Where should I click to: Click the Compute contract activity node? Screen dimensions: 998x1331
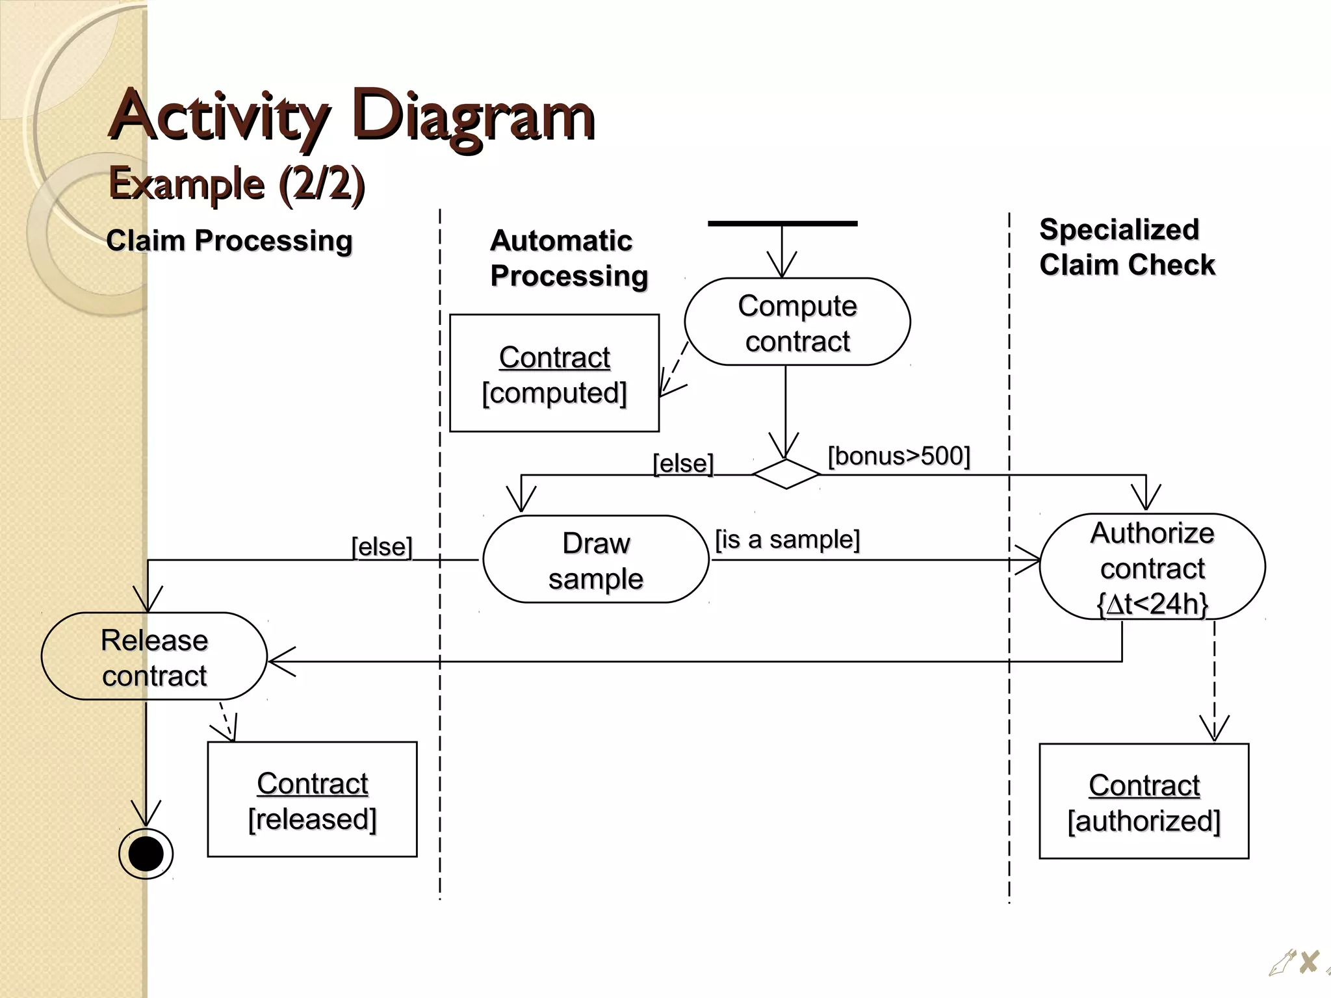pyautogui.click(x=797, y=322)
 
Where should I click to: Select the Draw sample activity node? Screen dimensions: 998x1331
pyautogui.click(x=595, y=559)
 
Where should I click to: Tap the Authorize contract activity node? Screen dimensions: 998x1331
pyautogui.click(x=1152, y=567)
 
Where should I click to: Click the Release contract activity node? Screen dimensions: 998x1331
pyautogui.click(x=154, y=656)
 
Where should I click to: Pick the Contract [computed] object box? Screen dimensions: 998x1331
pyautogui.click(x=554, y=374)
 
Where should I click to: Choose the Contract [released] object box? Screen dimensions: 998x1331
pyautogui.click(x=312, y=800)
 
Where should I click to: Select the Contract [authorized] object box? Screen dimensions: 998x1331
pyautogui.click(x=1144, y=802)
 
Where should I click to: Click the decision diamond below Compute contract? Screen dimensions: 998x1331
pyautogui.click(x=786, y=474)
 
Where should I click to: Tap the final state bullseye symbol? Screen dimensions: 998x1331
pyautogui.click(x=146, y=854)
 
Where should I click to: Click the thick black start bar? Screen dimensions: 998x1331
pyautogui.click(x=782, y=224)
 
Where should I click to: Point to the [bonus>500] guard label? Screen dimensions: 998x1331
pyautogui.click(x=899, y=456)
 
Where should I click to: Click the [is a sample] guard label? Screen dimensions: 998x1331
pyautogui.click(x=787, y=539)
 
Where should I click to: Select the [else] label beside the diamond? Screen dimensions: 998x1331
pyautogui.click(x=683, y=463)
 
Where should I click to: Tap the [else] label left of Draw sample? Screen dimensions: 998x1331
pyautogui.click(x=381, y=546)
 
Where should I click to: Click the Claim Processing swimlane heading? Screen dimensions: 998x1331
pyautogui.click(x=229, y=240)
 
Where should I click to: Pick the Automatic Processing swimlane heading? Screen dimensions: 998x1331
pyautogui.click(x=568, y=258)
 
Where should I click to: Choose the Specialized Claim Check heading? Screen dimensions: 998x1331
pyautogui.click(x=1126, y=247)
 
